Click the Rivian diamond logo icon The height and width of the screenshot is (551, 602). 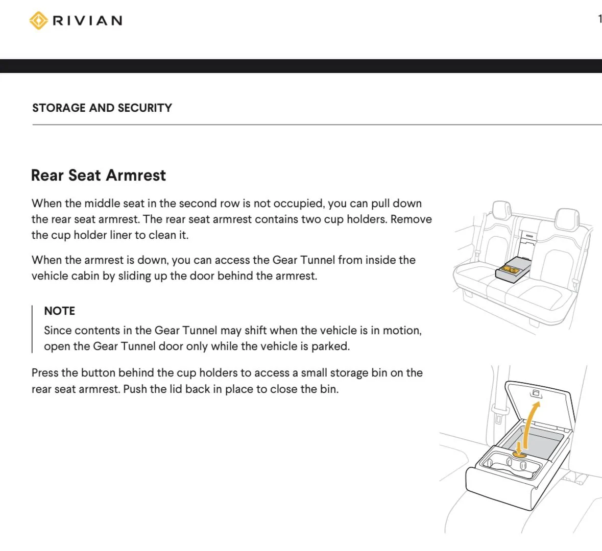coord(38,20)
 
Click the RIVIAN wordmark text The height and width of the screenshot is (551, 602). coord(87,20)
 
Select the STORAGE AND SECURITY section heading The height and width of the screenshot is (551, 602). coord(102,108)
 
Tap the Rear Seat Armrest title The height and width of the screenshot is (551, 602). coord(98,175)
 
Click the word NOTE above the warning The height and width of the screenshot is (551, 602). coord(60,311)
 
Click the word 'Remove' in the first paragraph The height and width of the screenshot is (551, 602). coord(411,219)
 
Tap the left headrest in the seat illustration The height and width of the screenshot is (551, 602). coord(501,209)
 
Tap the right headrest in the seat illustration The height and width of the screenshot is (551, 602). coord(567,218)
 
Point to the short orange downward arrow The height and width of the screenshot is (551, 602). coord(519,447)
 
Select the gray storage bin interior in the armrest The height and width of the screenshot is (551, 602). coord(533,441)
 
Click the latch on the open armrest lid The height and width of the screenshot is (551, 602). coord(536,393)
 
